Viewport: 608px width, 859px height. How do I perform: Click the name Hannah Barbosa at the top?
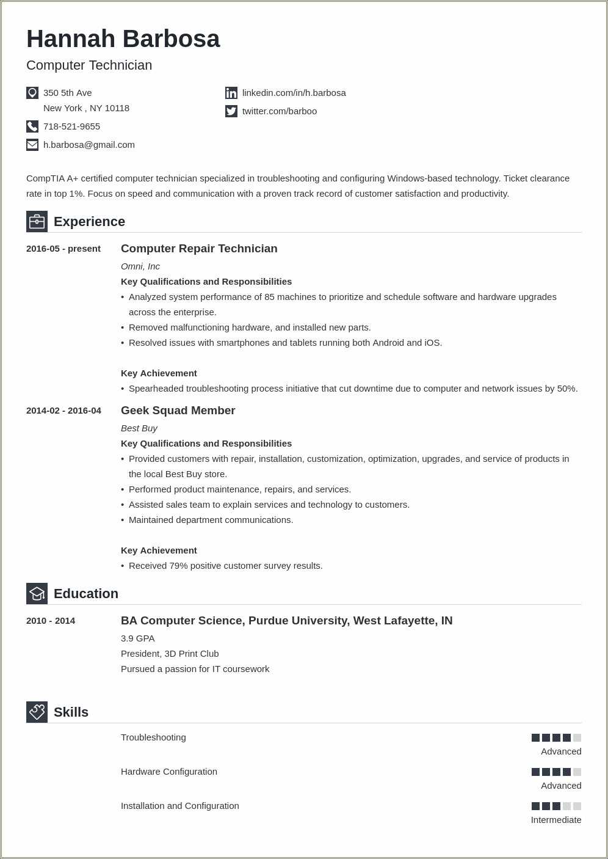pyautogui.click(x=123, y=39)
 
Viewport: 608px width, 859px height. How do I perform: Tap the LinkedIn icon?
pyautogui.click(x=231, y=93)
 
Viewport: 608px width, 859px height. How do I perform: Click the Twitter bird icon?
pyautogui.click(x=231, y=111)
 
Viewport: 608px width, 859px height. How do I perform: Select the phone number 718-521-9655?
pyautogui.click(x=71, y=126)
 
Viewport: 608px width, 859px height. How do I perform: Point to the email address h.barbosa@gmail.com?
pyautogui.click(x=89, y=145)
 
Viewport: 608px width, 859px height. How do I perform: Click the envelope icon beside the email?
pyautogui.click(x=32, y=145)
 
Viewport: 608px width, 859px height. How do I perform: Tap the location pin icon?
pyautogui.click(x=32, y=93)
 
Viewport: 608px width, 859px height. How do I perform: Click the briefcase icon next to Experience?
pyautogui.click(x=37, y=221)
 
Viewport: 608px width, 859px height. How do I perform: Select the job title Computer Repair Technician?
pyautogui.click(x=199, y=249)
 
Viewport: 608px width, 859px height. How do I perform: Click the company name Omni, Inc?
pyautogui.click(x=140, y=266)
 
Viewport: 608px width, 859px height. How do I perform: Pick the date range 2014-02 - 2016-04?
pyautogui.click(x=63, y=411)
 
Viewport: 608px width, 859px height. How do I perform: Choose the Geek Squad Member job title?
pyautogui.click(x=178, y=411)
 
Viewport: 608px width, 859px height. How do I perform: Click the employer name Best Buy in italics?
pyautogui.click(x=139, y=428)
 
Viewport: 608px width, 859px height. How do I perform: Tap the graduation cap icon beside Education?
pyautogui.click(x=37, y=593)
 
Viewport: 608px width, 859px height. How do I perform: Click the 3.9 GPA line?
pyautogui.click(x=138, y=638)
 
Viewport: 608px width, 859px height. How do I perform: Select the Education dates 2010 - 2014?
pyautogui.click(x=51, y=621)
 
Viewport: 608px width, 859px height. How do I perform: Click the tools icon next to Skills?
pyautogui.click(x=37, y=712)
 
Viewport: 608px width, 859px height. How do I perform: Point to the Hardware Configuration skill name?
pyautogui.click(x=169, y=772)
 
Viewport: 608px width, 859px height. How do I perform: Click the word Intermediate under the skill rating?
pyautogui.click(x=556, y=820)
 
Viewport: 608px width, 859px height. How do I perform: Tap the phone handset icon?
pyautogui.click(x=32, y=126)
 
